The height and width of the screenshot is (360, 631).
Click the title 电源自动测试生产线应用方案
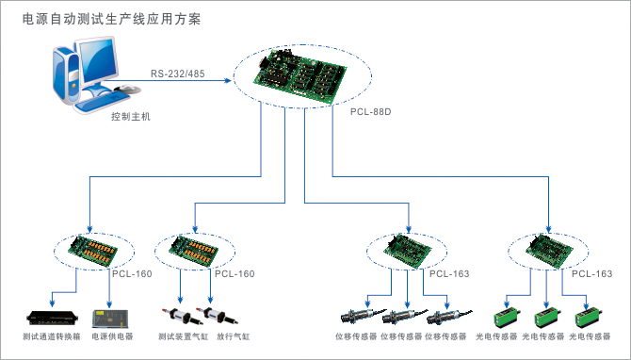(x=111, y=19)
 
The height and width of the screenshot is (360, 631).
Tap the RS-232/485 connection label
(x=177, y=74)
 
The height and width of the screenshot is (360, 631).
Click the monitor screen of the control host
(x=98, y=61)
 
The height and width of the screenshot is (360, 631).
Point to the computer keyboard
(x=101, y=102)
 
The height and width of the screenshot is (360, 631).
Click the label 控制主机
(x=131, y=117)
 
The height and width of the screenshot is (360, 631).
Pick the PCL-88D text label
(x=371, y=111)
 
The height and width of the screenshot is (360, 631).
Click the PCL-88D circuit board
(x=299, y=74)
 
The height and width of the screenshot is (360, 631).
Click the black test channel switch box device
(x=52, y=318)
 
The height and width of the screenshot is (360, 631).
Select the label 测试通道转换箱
(x=52, y=336)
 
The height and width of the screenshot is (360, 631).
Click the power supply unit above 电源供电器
(x=110, y=319)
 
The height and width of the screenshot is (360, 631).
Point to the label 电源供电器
(x=112, y=336)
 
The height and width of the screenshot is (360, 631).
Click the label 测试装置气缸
(x=183, y=336)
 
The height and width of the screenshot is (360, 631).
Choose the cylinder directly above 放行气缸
(x=217, y=316)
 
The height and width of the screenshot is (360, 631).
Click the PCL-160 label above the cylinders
(x=235, y=274)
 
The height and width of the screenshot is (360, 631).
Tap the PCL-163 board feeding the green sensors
(x=549, y=251)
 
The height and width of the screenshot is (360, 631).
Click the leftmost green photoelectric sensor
(x=507, y=317)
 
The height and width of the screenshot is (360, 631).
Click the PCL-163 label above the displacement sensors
(x=449, y=274)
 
